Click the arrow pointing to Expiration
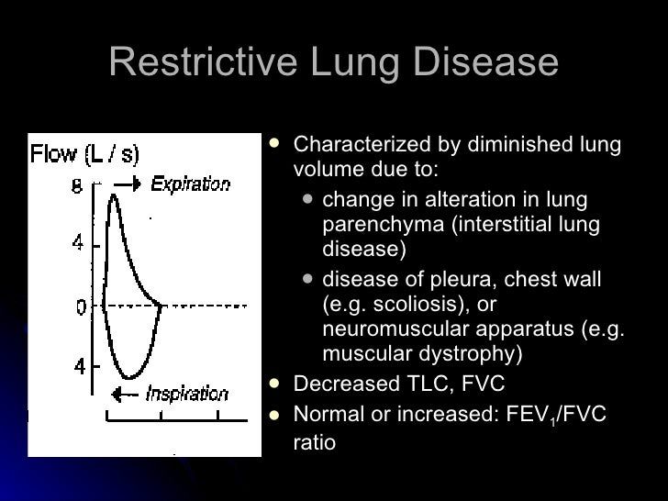point(130,184)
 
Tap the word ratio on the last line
point(315,442)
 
